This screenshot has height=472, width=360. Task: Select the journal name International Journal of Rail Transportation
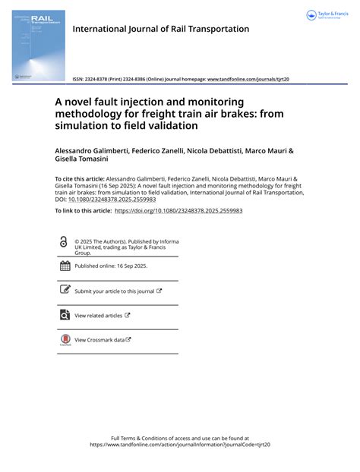tap(160, 29)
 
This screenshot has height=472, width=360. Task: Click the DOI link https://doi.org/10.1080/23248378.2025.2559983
tap(178, 210)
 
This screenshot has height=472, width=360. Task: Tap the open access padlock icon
tap(64, 242)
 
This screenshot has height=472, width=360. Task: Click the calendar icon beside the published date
tap(65, 266)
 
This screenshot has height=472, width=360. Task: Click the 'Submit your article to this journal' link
tap(114, 291)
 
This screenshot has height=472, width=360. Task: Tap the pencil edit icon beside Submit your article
tap(65, 291)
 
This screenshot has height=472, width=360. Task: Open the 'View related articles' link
tap(98, 315)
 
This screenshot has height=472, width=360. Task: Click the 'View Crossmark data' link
tap(99, 340)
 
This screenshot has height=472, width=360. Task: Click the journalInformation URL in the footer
tap(180, 445)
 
